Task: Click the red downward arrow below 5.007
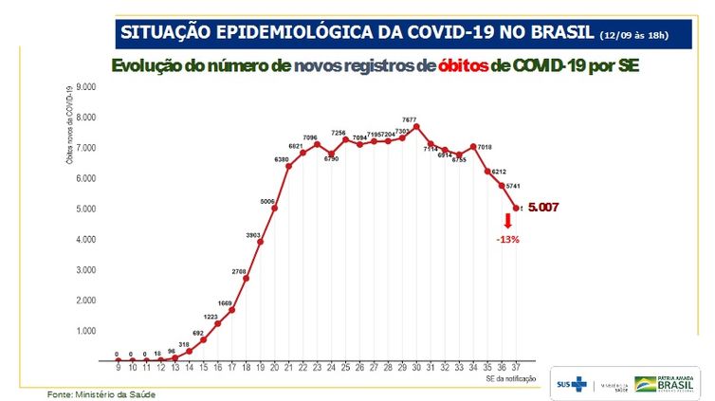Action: pyautogui.click(x=507, y=221)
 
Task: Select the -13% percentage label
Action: pyautogui.click(x=507, y=239)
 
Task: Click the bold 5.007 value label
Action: pyautogui.click(x=546, y=207)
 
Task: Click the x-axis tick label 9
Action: pyautogui.click(x=119, y=367)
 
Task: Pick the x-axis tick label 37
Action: pyautogui.click(x=516, y=367)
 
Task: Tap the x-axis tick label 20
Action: pyautogui.click(x=274, y=367)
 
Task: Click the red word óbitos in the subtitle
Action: pyautogui.click(x=458, y=66)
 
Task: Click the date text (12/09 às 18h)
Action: pyautogui.click(x=634, y=35)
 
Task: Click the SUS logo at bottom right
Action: pyautogui.click(x=571, y=384)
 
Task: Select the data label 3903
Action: pyautogui.click(x=252, y=234)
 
